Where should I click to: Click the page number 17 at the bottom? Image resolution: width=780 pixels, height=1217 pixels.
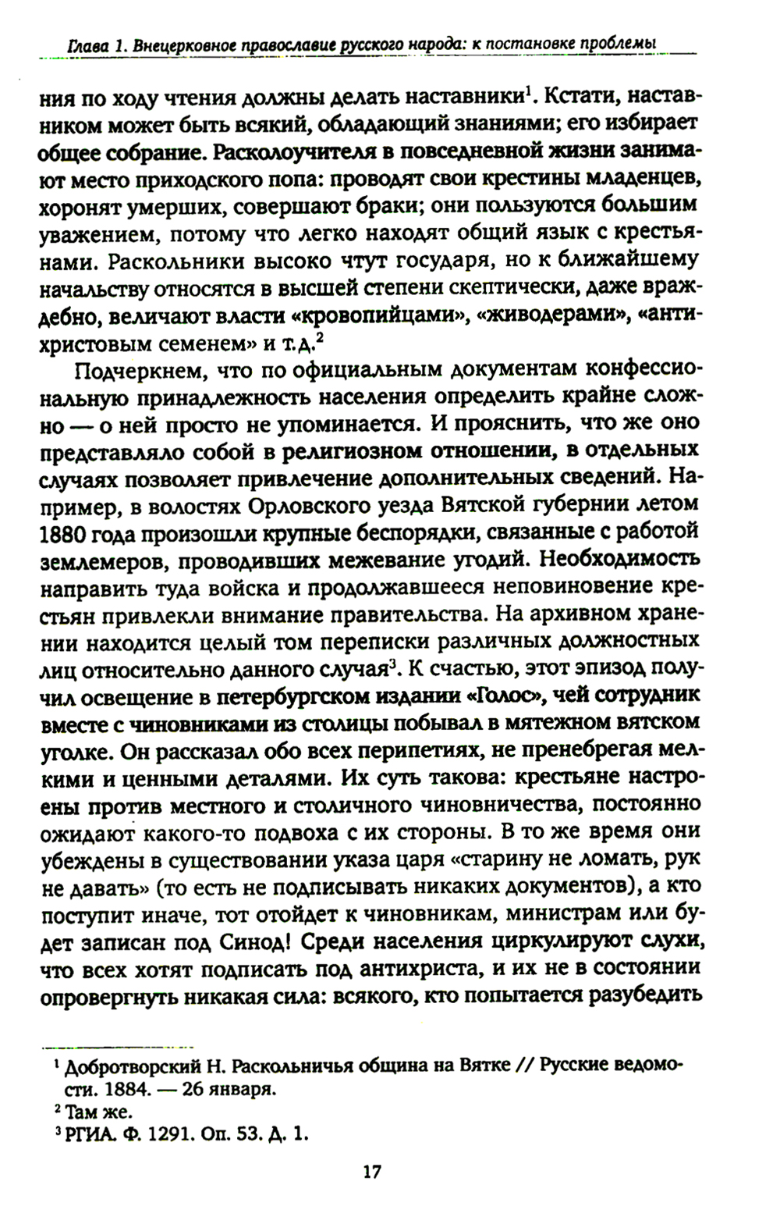coord(372,1173)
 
